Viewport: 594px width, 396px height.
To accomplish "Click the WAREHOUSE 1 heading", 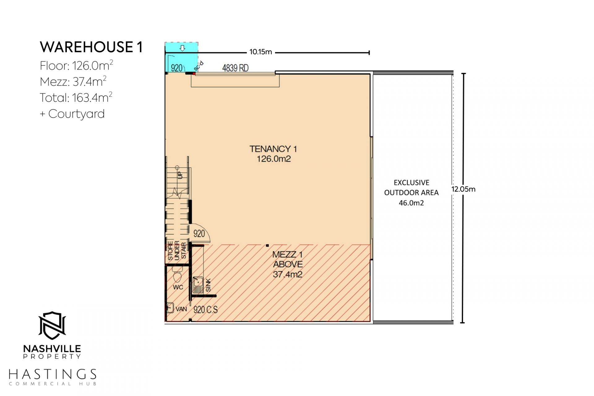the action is point(91,47).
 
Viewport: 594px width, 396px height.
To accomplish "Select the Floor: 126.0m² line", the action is point(76,66).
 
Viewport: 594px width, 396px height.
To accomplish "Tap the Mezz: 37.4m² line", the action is point(73,82).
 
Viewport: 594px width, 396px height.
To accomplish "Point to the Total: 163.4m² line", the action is point(76,98).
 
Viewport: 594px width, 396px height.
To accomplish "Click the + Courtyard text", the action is point(72,114).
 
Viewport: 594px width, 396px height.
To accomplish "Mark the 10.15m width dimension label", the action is point(260,52).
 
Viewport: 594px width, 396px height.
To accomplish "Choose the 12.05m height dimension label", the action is point(463,189).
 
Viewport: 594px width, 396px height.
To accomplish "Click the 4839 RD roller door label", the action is point(235,68).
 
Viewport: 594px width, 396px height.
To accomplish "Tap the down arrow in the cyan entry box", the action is point(183,48).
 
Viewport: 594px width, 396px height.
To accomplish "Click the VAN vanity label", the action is point(181,309).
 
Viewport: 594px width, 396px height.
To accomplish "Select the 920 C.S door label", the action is point(205,309).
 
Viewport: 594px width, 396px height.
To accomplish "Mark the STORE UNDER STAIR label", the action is point(177,251).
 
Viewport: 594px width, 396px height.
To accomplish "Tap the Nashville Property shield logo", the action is point(52,326).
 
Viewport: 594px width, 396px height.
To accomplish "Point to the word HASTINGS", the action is point(53,374).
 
